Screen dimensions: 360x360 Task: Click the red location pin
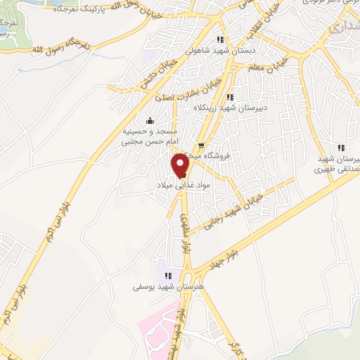tap(181, 165)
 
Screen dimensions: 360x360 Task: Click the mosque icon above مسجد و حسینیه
tap(148, 120)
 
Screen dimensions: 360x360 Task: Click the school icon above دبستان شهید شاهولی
tap(221, 39)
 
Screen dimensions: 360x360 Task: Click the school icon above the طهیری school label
tap(341, 148)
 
